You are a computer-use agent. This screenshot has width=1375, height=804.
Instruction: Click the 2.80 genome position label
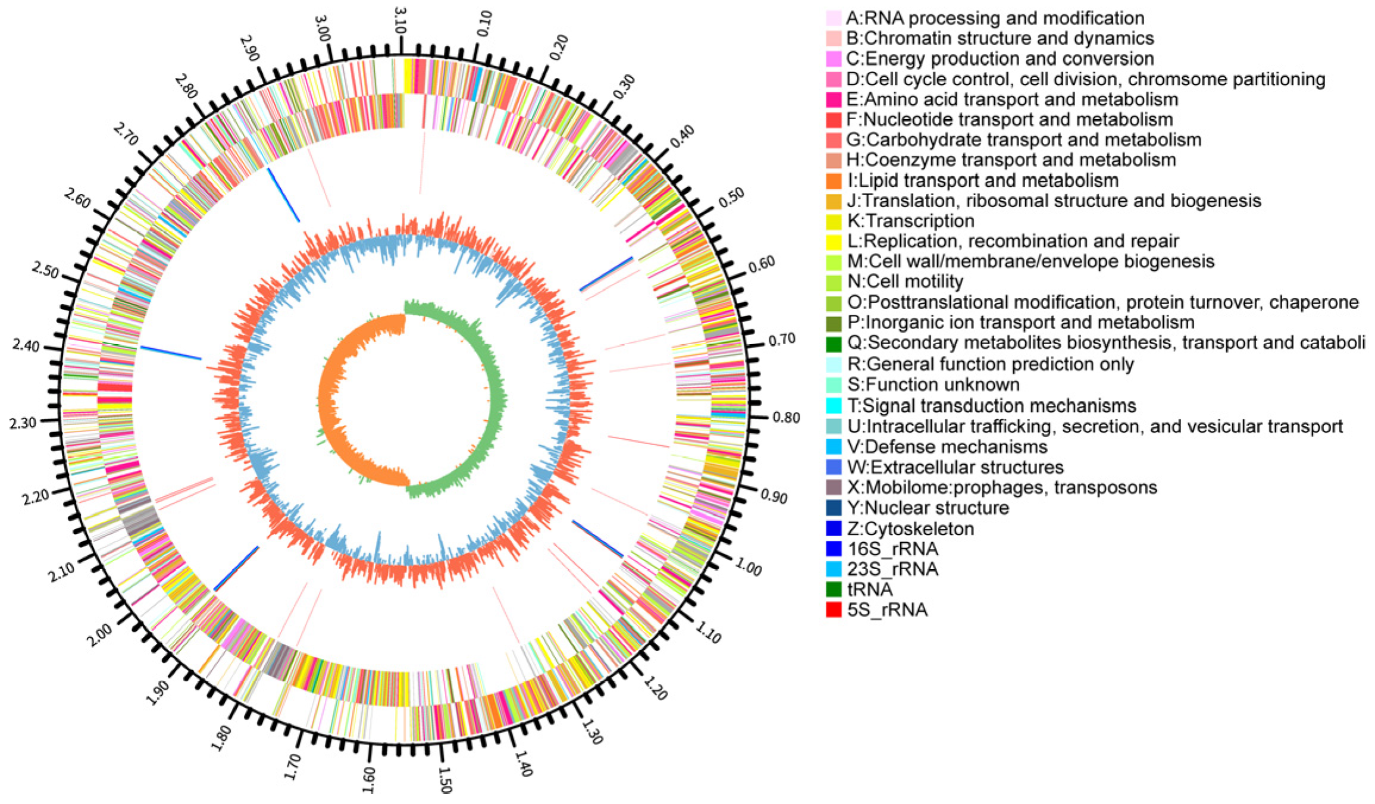186,87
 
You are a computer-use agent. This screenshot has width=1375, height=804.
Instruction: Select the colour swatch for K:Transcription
834,221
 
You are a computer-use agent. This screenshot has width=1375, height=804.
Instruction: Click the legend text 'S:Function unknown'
933,384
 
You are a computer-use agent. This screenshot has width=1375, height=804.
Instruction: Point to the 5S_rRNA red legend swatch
834,609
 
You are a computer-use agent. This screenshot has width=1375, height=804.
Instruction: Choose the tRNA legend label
870,589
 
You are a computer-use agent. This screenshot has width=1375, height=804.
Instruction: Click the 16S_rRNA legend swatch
834,548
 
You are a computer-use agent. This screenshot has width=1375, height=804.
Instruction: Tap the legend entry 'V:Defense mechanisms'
947,446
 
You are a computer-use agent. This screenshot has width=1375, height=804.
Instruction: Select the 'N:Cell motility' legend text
905,281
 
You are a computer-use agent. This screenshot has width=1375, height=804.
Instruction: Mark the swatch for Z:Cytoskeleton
834,528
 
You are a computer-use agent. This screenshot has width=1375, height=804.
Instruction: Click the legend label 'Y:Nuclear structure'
928,508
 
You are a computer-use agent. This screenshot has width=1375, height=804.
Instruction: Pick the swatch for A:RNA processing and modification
834,18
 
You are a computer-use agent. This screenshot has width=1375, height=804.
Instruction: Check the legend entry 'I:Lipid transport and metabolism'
982,180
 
